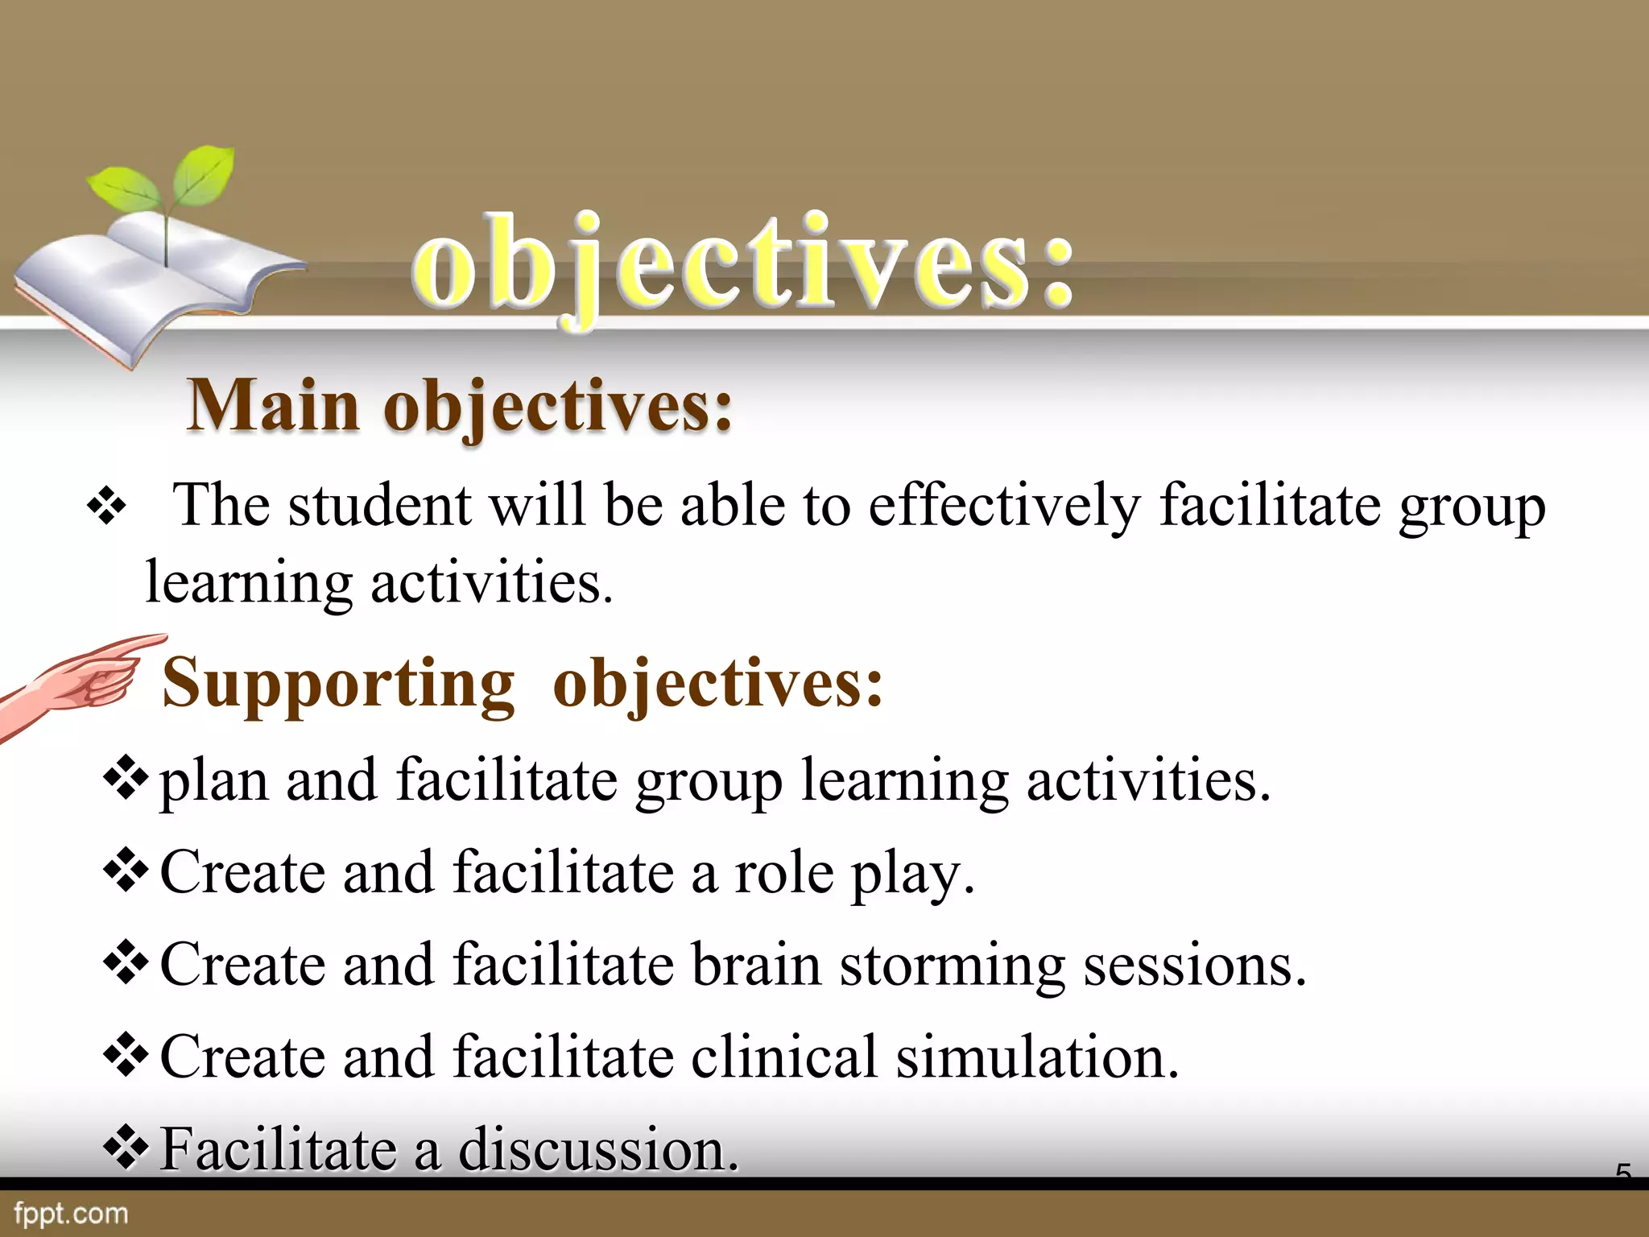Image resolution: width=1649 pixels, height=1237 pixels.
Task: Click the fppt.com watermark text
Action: tap(71, 1214)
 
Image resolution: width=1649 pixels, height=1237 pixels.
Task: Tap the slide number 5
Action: tap(1623, 1173)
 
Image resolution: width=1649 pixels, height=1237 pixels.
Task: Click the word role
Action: tap(783, 873)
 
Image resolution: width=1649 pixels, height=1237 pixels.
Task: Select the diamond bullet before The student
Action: tap(106, 508)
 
